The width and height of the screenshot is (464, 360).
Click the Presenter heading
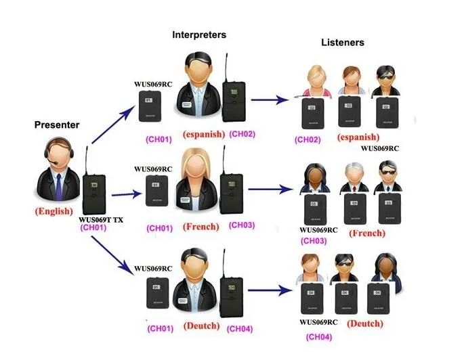click(57, 125)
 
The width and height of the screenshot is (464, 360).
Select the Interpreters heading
click(199, 34)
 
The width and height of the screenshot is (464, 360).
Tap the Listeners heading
click(342, 43)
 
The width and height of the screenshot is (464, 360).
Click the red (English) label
click(54, 211)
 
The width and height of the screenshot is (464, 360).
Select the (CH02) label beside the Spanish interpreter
click(242, 134)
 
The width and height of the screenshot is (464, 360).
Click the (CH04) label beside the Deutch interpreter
click(240, 329)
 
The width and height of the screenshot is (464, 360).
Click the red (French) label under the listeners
click(367, 233)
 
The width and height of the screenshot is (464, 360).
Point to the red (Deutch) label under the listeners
click(366, 324)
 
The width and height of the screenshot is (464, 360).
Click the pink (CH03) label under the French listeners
click(314, 241)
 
